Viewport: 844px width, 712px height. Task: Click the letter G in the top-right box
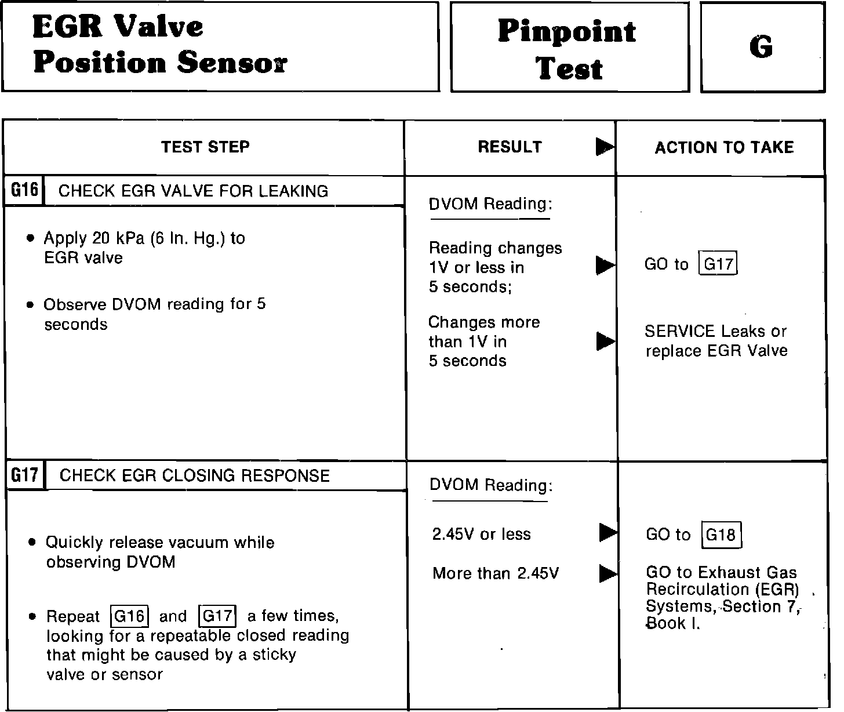pyautogui.click(x=761, y=47)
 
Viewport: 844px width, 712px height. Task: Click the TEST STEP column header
pyautogui.click(x=205, y=147)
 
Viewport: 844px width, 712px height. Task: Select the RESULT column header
pyautogui.click(x=510, y=147)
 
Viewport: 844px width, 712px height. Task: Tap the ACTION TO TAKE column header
pyautogui.click(x=724, y=147)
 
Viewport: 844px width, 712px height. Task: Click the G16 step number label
pyautogui.click(x=24, y=190)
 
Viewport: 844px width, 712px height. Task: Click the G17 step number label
pyautogui.click(x=25, y=475)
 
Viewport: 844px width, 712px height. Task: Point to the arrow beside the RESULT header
pyautogui.click(x=605, y=147)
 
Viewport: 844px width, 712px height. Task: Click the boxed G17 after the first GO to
pyautogui.click(x=718, y=264)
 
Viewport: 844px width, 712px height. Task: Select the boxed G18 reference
pyautogui.click(x=721, y=535)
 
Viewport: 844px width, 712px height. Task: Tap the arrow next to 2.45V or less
pyautogui.click(x=607, y=532)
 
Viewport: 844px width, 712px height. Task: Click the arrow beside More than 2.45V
pyautogui.click(x=607, y=573)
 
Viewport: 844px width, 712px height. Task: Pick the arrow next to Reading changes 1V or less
pyautogui.click(x=605, y=266)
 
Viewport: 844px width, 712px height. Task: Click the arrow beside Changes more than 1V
pyautogui.click(x=605, y=342)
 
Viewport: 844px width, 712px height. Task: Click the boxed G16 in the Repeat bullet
pyautogui.click(x=130, y=616)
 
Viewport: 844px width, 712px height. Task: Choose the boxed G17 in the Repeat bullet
pyautogui.click(x=217, y=616)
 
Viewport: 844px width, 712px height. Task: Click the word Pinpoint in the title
pyautogui.click(x=566, y=31)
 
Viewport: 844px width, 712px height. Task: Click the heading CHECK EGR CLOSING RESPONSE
pyautogui.click(x=194, y=476)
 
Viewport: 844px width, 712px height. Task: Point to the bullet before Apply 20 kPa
pyautogui.click(x=30, y=238)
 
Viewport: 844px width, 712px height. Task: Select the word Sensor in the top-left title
pyautogui.click(x=232, y=63)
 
